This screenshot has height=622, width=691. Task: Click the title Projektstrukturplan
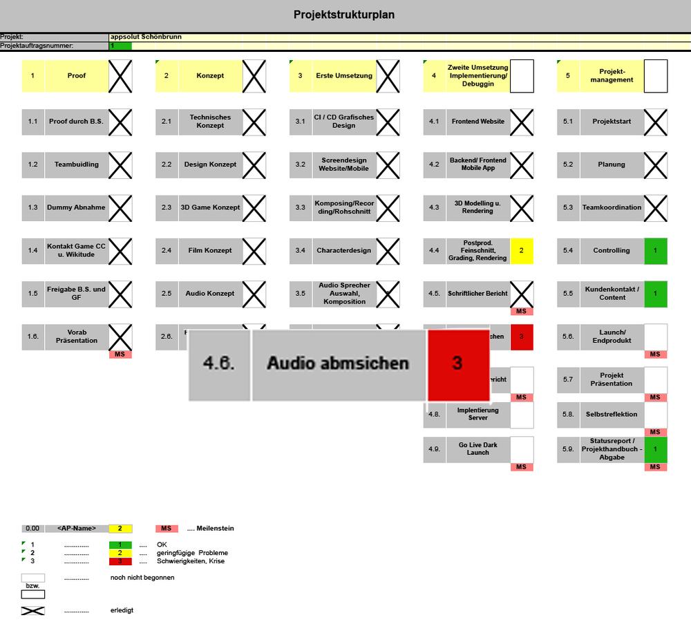click(344, 15)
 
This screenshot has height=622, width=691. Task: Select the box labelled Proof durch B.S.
click(76, 122)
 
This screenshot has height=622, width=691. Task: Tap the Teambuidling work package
click(76, 164)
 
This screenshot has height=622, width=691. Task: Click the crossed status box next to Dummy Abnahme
click(120, 207)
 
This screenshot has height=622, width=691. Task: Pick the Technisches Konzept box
click(210, 122)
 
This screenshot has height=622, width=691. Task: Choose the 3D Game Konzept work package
click(210, 207)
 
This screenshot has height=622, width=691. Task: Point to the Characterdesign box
click(343, 250)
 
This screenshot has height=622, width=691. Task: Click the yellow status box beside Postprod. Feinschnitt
click(521, 250)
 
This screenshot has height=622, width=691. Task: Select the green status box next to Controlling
click(655, 250)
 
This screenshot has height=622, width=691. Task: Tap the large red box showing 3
click(457, 364)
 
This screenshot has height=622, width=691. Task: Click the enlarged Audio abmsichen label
click(338, 364)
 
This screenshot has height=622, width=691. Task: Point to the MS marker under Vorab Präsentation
click(120, 355)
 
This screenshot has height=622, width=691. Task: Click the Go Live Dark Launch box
click(477, 449)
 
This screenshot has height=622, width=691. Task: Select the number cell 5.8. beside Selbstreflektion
click(568, 415)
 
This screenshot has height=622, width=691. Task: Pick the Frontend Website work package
click(477, 122)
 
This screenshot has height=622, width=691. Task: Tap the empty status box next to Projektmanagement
click(655, 75)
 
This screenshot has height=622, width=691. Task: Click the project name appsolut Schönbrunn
click(146, 37)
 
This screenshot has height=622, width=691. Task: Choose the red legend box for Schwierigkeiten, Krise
click(120, 561)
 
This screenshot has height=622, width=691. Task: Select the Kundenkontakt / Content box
click(612, 293)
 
